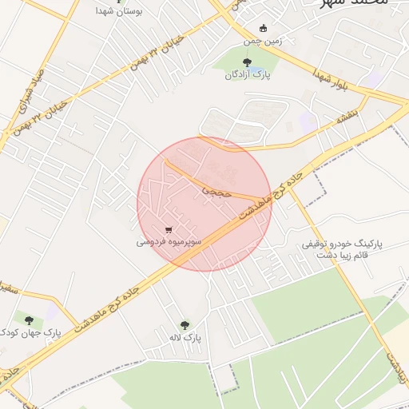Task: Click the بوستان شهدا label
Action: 117,12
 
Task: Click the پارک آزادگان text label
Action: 248,74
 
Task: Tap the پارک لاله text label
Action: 185,338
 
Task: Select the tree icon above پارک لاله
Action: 185,325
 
